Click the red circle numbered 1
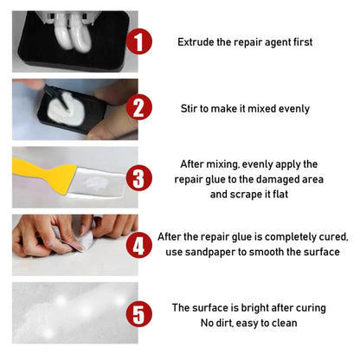click(141, 42)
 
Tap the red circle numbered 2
click(141, 109)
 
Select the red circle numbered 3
click(141, 178)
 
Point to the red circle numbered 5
click(141, 313)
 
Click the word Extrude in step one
click(196, 42)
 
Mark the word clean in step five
click(281, 324)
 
